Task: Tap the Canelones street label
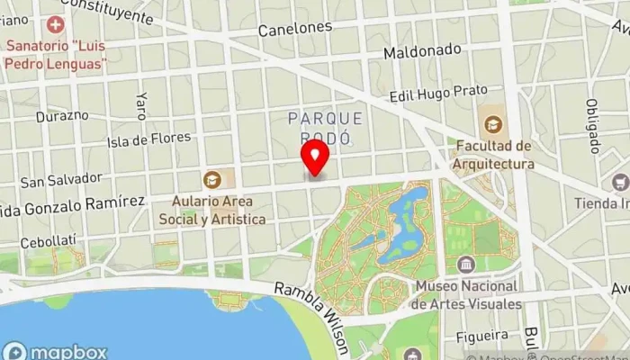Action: (294, 29)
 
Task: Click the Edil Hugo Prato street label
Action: (438, 93)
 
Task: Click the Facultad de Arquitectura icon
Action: (493, 124)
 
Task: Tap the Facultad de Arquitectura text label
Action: (493, 154)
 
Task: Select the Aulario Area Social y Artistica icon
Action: (212, 179)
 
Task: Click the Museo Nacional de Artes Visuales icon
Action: (466, 265)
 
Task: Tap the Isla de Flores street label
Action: (148, 139)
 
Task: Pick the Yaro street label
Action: (140, 105)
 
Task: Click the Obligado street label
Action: (593, 126)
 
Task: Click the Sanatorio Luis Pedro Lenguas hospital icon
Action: (57, 24)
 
